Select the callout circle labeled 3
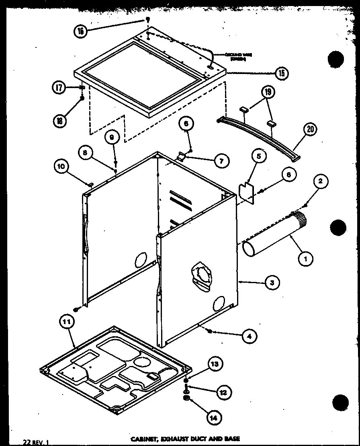click(272, 283)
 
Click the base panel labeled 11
click(117, 368)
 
